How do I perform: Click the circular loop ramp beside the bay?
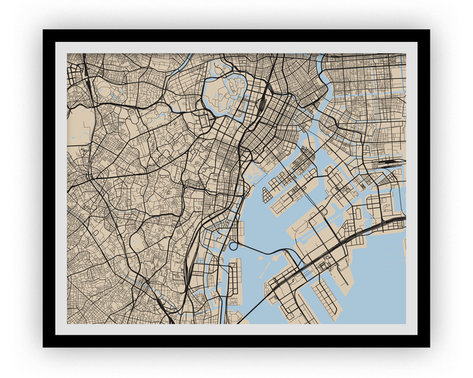[x=233, y=245]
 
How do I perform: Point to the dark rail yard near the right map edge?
[x=388, y=165]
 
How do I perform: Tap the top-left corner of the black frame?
[x=44, y=31]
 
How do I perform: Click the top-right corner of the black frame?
[x=428, y=31]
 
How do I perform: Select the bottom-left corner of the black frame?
[x=44, y=346]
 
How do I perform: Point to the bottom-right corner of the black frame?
[x=428, y=346]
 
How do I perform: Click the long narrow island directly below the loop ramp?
[x=234, y=281]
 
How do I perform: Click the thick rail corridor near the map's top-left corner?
[x=86, y=68]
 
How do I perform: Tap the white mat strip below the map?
[x=236, y=329]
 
